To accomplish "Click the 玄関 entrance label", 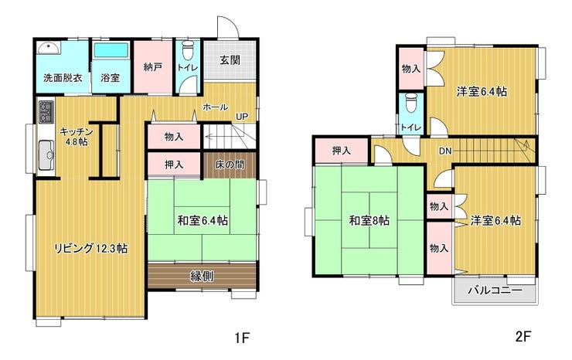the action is coord(230,59).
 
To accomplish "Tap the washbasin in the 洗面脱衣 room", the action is coord(49,47).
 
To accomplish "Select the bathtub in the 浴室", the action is coord(111,51).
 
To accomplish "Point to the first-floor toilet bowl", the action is coord(188,50).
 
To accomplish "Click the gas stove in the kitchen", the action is coord(46,111).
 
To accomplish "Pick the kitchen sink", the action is coord(46,155).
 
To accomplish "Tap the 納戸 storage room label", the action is coord(153,66).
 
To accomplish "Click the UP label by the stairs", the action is coord(241,117).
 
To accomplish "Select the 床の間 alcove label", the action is coord(230,165).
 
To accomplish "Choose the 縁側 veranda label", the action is coord(203,276).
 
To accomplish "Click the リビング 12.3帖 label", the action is coord(91,249).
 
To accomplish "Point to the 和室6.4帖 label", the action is coord(203,220).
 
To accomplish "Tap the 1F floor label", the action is coord(241,338).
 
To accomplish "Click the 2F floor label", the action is coord(523,336).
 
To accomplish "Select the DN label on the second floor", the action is coord(445,151).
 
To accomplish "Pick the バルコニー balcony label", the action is coord(495,290).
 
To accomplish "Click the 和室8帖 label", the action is coord(369,220).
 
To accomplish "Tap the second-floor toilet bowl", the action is coord(410,102).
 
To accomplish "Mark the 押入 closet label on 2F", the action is coord(342,151).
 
